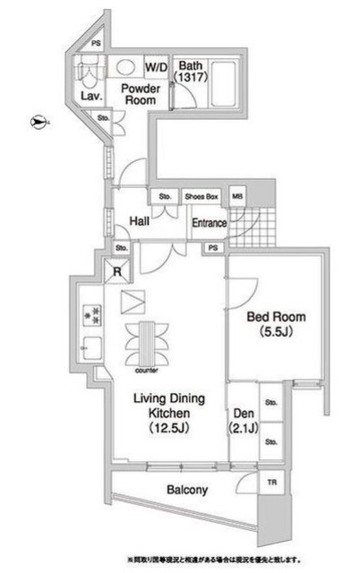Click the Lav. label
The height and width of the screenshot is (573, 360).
pyautogui.click(x=90, y=96)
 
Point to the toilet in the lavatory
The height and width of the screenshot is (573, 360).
pyautogui.click(x=88, y=71)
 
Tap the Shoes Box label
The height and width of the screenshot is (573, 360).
pyautogui.click(x=201, y=196)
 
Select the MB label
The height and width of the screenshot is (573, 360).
pyautogui.click(x=236, y=196)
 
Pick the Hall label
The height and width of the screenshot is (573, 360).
pyautogui.click(x=138, y=221)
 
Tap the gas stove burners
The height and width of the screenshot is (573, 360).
pyautogui.click(x=90, y=314)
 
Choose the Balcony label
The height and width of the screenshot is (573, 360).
pyautogui.click(x=187, y=490)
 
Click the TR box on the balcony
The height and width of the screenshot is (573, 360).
pyautogui.click(x=270, y=483)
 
